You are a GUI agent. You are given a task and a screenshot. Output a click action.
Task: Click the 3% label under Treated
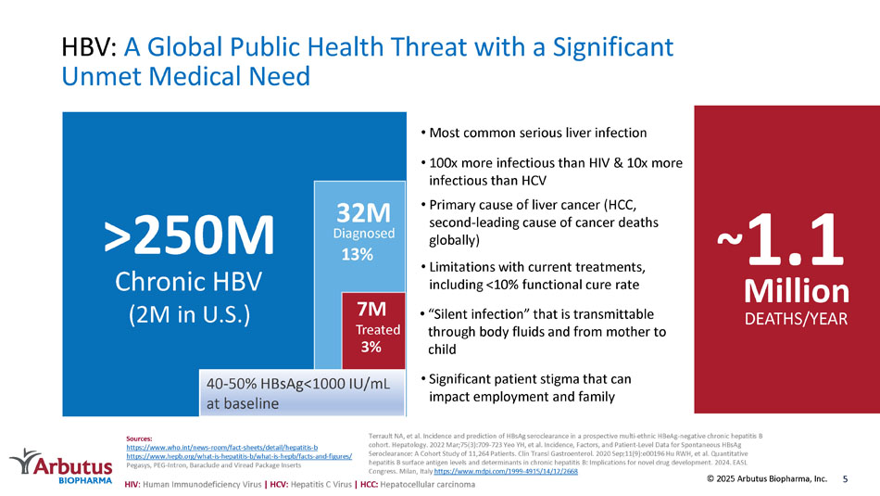coord(371,347)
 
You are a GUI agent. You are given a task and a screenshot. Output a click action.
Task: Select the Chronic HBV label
coord(189,280)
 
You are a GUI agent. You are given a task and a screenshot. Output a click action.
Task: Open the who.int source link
coord(221,448)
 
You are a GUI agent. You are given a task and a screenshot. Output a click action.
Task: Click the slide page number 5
coord(846,479)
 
